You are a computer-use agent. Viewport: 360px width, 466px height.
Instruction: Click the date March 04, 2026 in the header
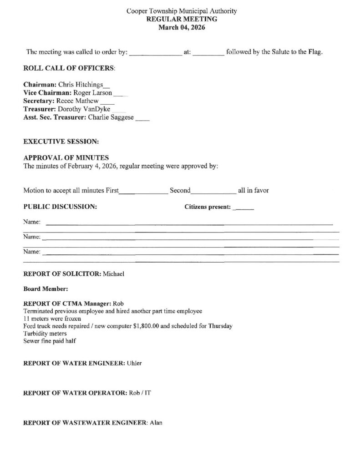point(181,27)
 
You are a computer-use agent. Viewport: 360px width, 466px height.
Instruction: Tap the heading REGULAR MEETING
point(181,19)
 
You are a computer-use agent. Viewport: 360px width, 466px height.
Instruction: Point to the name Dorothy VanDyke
point(84,109)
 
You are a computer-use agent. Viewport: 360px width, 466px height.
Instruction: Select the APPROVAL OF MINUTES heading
point(66,157)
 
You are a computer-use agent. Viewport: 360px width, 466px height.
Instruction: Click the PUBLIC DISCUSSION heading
point(60,207)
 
